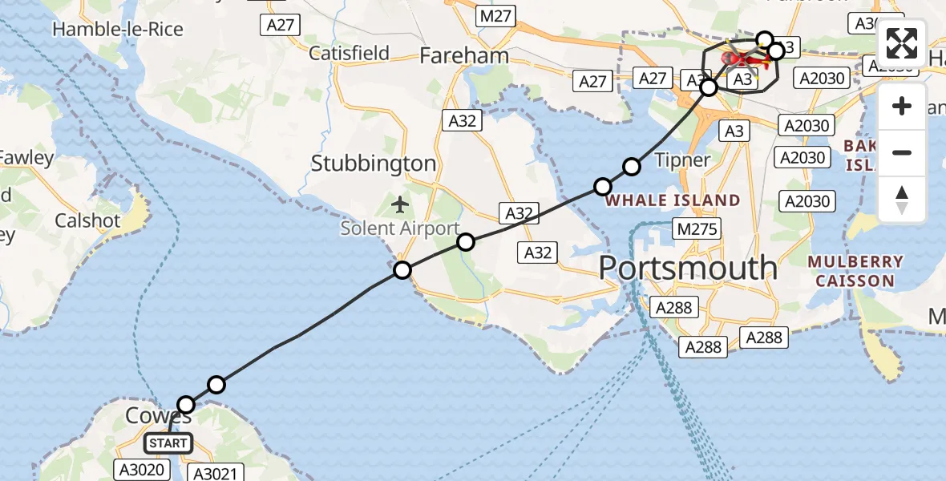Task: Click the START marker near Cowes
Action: point(168,443)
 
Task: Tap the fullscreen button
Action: point(902,43)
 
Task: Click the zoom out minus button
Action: point(902,152)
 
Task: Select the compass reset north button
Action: point(902,199)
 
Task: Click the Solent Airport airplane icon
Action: point(400,204)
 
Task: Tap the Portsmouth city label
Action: point(688,268)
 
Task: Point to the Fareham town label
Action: point(464,55)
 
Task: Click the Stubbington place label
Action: point(374,164)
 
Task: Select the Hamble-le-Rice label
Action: point(118,30)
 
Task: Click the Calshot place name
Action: point(87,220)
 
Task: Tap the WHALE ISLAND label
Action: point(673,200)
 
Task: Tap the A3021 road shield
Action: point(214,474)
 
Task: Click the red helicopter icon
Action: point(741,59)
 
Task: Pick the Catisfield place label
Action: point(350,54)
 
